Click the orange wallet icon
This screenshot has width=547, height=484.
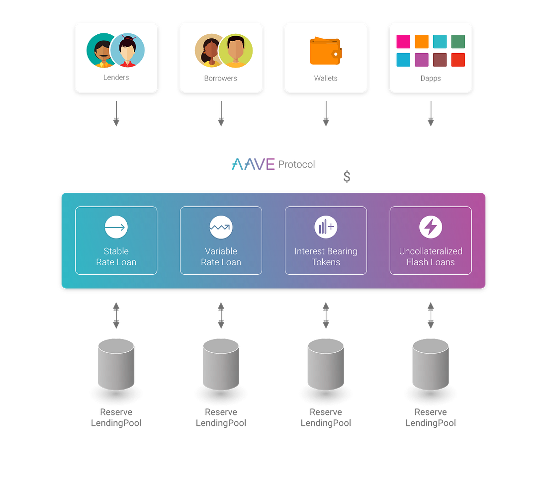pos(326,51)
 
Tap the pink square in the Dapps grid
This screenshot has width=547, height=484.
pos(403,42)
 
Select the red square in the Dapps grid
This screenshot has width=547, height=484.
pos(458,60)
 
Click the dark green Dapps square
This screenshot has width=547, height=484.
pos(458,42)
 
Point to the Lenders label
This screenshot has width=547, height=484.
pos(116,78)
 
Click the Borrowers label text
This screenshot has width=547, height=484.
pos(220,78)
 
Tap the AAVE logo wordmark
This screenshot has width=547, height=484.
pos(253,164)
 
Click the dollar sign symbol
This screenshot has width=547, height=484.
pos(347,176)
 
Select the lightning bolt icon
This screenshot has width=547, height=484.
pos(431,227)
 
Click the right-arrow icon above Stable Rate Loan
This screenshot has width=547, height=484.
pos(116,227)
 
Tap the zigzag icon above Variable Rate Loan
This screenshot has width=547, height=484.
pos(221,227)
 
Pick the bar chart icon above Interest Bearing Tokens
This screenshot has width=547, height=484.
pos(326,227)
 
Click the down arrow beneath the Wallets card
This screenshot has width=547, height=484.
pos(326,113)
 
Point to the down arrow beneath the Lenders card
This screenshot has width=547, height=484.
pos(116,113)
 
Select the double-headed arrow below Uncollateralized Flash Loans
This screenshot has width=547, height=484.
pos(431,315)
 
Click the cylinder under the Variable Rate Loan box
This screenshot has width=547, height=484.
pos(221,364)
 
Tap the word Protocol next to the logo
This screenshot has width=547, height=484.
pos(296,164)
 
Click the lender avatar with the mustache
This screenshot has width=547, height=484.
pos(101,50)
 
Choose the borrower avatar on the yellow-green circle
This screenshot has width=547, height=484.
pos(236,51)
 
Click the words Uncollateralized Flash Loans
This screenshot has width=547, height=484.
pos(431,256)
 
